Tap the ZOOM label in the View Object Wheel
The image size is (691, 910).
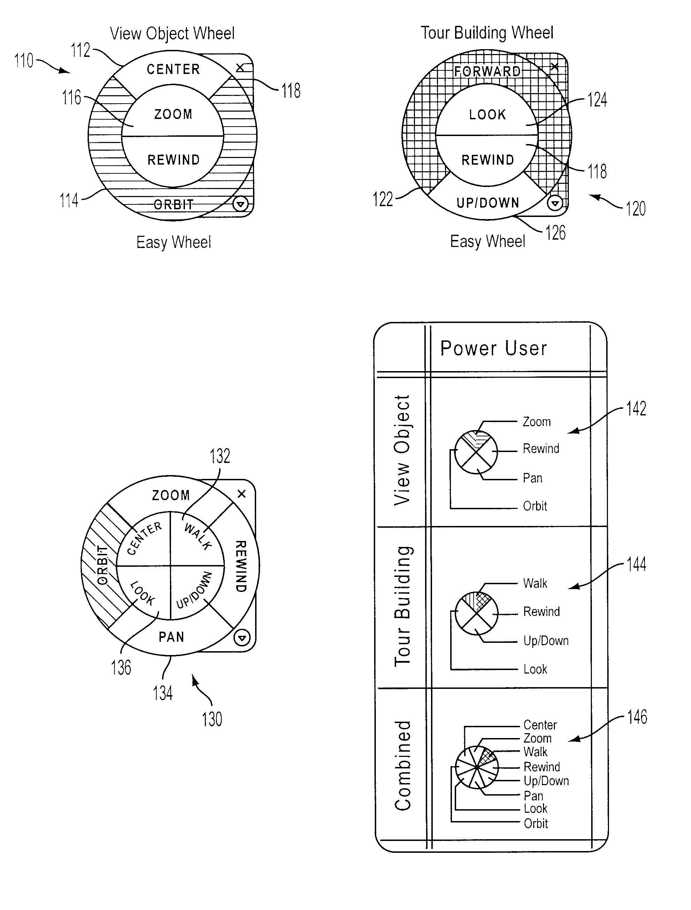click(173, 114)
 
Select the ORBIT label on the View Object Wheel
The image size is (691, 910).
click(173, 204)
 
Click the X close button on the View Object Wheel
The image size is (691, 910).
click(240, 67)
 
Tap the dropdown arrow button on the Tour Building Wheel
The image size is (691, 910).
click(555, 203)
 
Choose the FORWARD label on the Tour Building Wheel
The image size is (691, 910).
click(487, 71)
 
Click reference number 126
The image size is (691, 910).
click(556, 233)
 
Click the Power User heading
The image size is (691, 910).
click(493, 348)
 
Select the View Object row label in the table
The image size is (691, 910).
click(402, 450)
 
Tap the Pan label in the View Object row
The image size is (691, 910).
click(533, 478)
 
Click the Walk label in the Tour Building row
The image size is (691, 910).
click(535, 583)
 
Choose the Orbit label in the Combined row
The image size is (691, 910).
click(536, 823)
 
